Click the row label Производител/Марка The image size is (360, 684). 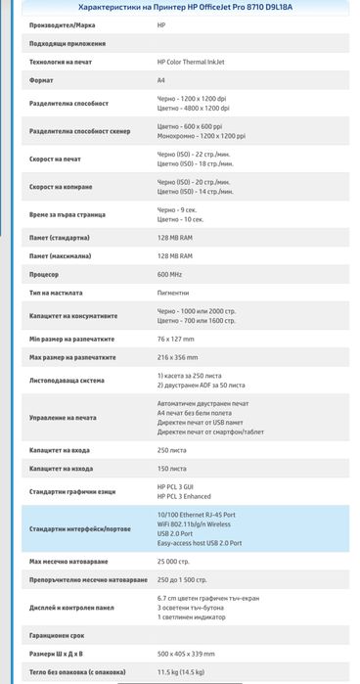61,24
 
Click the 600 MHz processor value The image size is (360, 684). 169,275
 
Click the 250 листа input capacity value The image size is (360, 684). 171,449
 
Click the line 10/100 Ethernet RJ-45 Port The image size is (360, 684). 209,513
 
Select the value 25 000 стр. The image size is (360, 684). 174,563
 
